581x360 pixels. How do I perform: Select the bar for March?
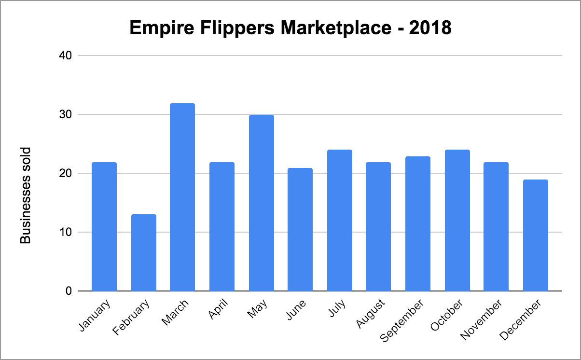[x=182, y=197]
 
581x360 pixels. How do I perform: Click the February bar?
[x=143, y=253]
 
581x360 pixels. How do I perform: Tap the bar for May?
[x=261, y=203]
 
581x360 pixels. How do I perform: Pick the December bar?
[x=535, y=235]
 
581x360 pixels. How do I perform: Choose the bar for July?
[x=339, y=221]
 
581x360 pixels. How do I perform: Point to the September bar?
[x=417, y=224]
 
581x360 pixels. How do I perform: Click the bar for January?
[x=104, y=227]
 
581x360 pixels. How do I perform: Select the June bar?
[x=300, y=230]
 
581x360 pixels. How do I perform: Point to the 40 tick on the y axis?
[x=66, y=55]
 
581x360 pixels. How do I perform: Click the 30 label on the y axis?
[x=66, y=114]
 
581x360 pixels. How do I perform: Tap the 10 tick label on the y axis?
[x=66, y=232]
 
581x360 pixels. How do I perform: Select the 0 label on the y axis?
[x=68, y=291]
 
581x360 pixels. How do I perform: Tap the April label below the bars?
[x=218, y=309]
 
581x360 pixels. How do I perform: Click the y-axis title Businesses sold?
[x=26, y=195]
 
